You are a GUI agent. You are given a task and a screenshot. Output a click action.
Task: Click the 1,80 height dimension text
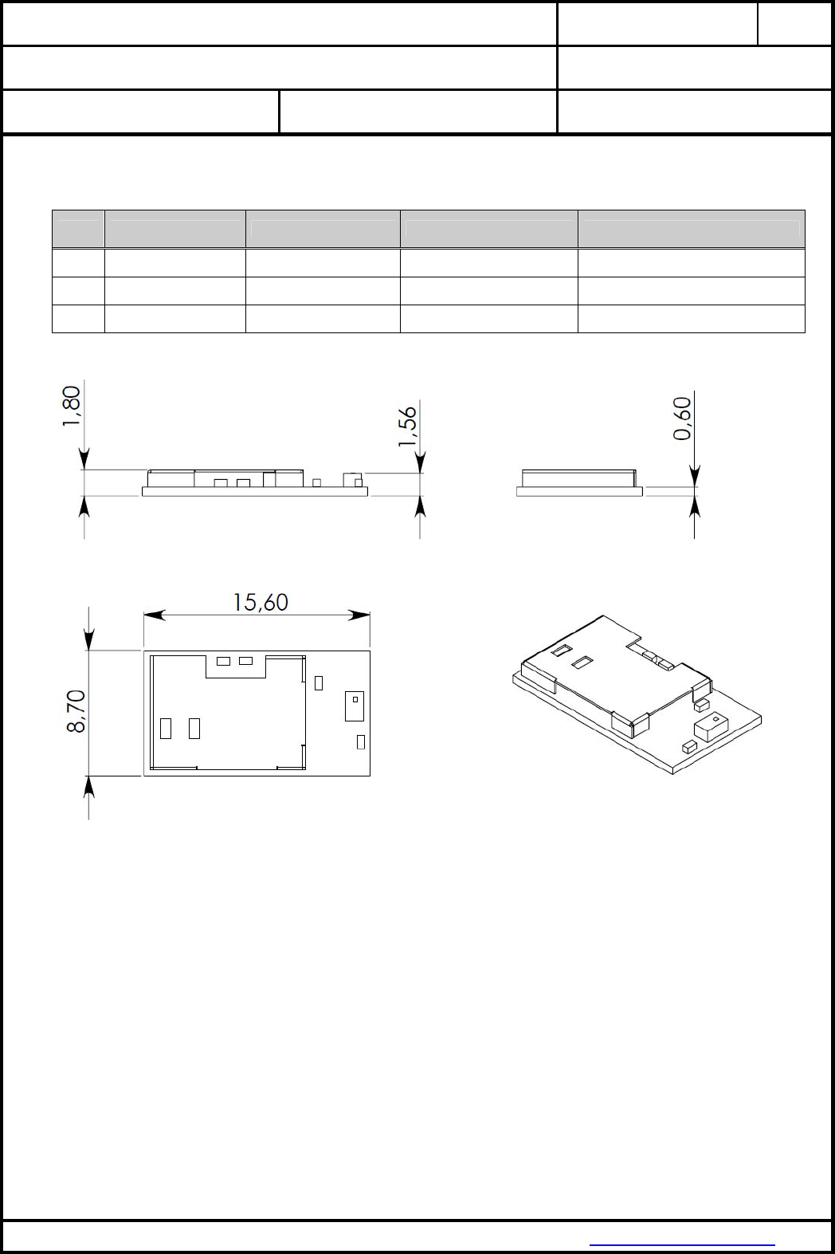(72, 407)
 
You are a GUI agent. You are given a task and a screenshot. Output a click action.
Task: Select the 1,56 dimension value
(408, 427)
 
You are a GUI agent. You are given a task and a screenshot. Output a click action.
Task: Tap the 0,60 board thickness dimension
(683, 419)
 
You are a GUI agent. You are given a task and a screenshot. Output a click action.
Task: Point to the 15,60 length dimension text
(261, 603)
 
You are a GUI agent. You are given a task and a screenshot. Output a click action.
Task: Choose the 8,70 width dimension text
(76, 712)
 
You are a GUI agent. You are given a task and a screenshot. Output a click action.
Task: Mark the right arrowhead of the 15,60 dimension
(359, 615)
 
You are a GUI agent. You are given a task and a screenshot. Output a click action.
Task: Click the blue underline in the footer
(682, 1245)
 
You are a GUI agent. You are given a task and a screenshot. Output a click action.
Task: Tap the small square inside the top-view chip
(355, 699)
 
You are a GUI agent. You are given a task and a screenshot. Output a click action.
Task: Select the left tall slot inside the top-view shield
(166, 729)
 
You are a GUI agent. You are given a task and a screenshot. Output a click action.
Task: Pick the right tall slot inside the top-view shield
(194, 729)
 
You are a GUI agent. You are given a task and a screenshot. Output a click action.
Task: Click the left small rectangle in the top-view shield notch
(223, 661)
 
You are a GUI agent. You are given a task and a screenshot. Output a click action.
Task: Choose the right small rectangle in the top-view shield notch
(245, 661)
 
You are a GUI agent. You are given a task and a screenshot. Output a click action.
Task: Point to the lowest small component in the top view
(361, 741)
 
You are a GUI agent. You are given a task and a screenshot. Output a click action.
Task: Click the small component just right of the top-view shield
(319, 683)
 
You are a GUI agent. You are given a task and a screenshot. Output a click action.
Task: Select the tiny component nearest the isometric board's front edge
(689, 745)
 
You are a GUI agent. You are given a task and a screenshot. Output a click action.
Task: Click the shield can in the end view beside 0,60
(578, 478)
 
